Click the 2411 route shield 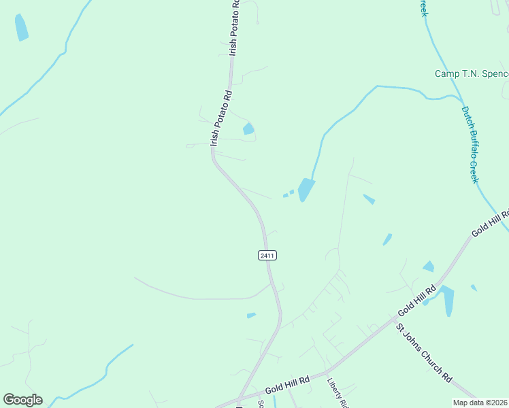click(x=267, y=255)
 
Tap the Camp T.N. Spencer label click(x=472, y=73)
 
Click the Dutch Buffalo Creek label click(x=470, y=144)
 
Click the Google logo click(x=22, y=400)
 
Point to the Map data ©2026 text click(x=480, y=403)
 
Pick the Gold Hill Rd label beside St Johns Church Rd click(x=416, y=300)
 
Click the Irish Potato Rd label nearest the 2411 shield click(x=221, y=118)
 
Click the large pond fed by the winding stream click(x=306, y=189)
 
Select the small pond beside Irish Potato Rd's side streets click(x=248, y=129)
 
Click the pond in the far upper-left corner click(x=21, y=27)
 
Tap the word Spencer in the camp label click(x=493, y=73)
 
